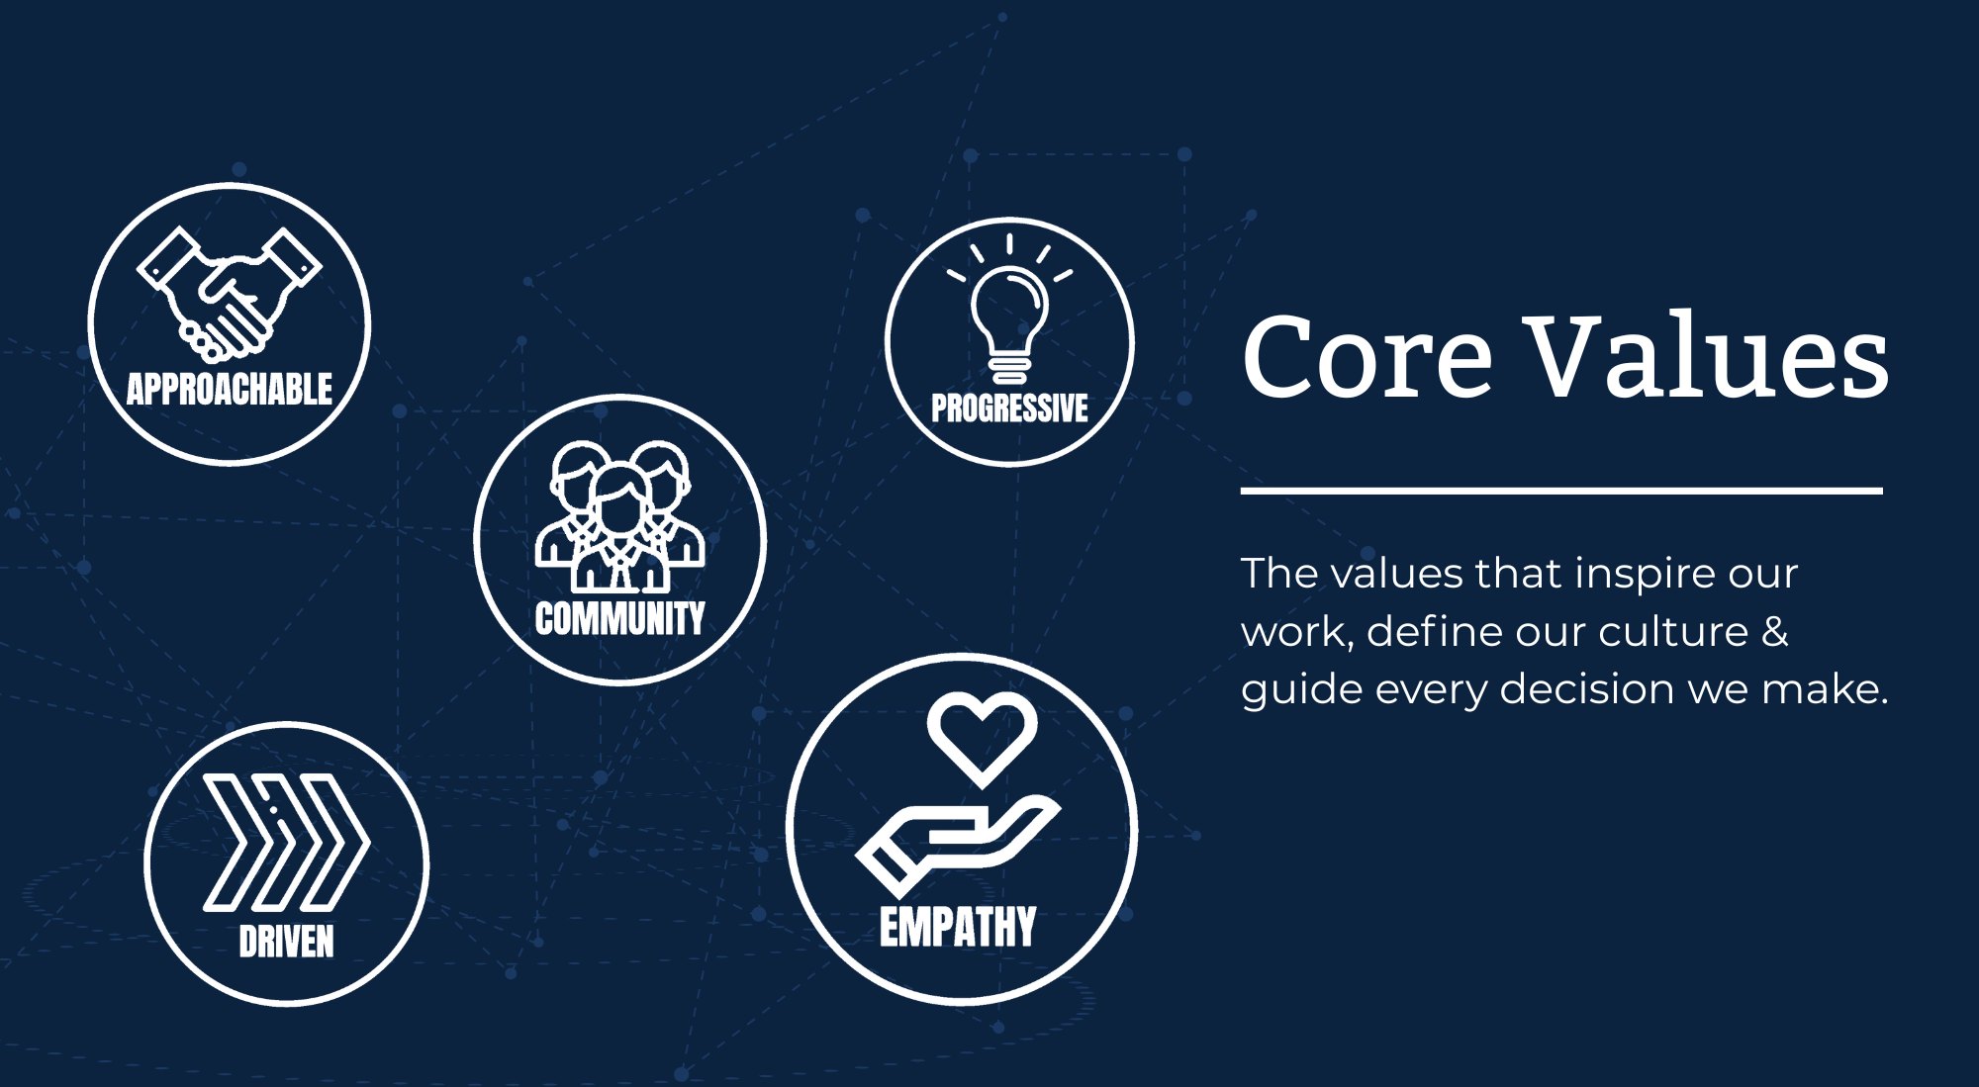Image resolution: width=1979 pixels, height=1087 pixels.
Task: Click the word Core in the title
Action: point(1366,357)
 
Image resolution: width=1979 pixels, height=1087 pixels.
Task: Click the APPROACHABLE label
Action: point(230,389)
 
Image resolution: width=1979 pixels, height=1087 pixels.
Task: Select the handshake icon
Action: point(230,294)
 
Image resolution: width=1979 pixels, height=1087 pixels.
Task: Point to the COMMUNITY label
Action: point(620,618)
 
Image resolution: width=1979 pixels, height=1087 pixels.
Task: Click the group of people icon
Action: point(620,516)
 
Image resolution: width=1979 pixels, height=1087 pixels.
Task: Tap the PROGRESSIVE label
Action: point(1009,408)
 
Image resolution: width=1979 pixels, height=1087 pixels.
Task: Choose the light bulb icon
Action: point(1009,309)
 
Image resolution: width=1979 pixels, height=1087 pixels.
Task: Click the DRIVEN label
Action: point(287,942)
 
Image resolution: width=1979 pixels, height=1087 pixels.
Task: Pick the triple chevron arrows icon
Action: point(287,842)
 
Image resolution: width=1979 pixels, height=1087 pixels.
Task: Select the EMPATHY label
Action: point(958,928)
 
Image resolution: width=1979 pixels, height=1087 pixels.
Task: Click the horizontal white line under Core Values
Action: point(1561,491)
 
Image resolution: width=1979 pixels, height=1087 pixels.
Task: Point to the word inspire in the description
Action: point(1619,575)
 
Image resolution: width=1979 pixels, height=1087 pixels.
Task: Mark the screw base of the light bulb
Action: point(1009,370)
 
